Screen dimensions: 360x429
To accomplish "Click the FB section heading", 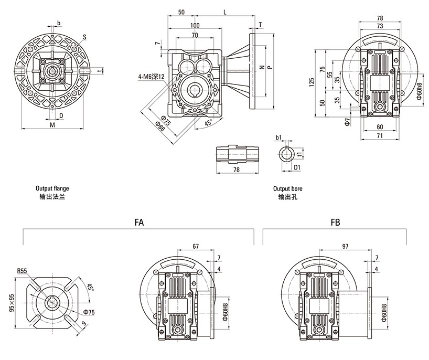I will (x=335, y=223).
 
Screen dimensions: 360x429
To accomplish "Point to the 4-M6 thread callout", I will (x=152, y=77).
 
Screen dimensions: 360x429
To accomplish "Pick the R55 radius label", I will (x=22, y=271).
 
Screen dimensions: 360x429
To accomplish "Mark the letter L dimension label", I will (x=224, y=12).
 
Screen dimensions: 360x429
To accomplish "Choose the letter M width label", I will (x=52, y=125).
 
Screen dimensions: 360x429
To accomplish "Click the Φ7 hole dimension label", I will (x=347, y=122).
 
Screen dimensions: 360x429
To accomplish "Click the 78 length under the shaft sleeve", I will (x=236, y=170).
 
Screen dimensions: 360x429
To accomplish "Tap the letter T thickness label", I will (x=261, y=25).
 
